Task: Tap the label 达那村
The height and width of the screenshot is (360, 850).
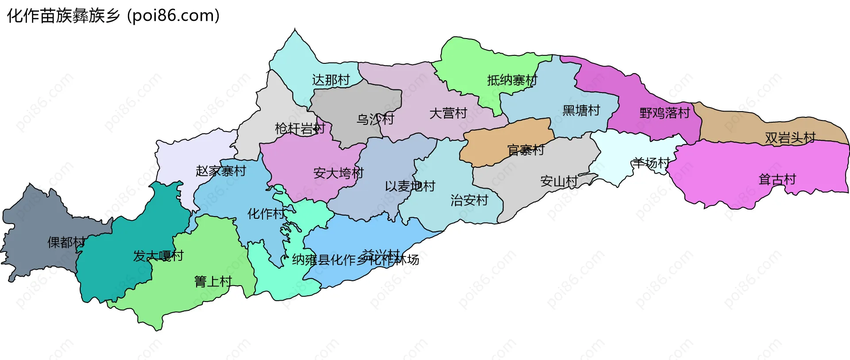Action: pos(331,80)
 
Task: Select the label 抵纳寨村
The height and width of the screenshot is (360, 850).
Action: pos(512,80)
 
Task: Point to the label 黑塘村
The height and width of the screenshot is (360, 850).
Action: pos(581,110)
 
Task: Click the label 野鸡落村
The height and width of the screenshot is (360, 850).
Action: pos(665,113)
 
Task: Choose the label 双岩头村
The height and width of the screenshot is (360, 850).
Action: pos(790,138)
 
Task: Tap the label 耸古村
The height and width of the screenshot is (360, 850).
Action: pos(777,179)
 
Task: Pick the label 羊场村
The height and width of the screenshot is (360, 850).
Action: pos(650,163)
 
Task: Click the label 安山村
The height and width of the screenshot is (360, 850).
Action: pos(559,181)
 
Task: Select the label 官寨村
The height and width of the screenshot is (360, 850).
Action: pos(525,150)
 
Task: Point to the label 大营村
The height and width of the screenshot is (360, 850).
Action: pos(448,113)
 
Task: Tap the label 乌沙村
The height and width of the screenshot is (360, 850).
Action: pos(375,119)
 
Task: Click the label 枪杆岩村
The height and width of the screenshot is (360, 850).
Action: pos(300,128)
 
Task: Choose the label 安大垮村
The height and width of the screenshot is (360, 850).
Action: pos(338,173)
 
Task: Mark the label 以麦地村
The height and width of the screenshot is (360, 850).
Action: pos(410,186)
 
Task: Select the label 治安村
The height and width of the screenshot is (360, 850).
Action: pos(469,200)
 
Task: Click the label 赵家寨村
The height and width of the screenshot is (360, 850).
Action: pos(220,171)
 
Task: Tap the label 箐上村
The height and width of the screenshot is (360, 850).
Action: pos(213,281)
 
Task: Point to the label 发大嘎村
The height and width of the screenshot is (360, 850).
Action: pos(158,255)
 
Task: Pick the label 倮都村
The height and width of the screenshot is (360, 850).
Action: pos(66,242)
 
